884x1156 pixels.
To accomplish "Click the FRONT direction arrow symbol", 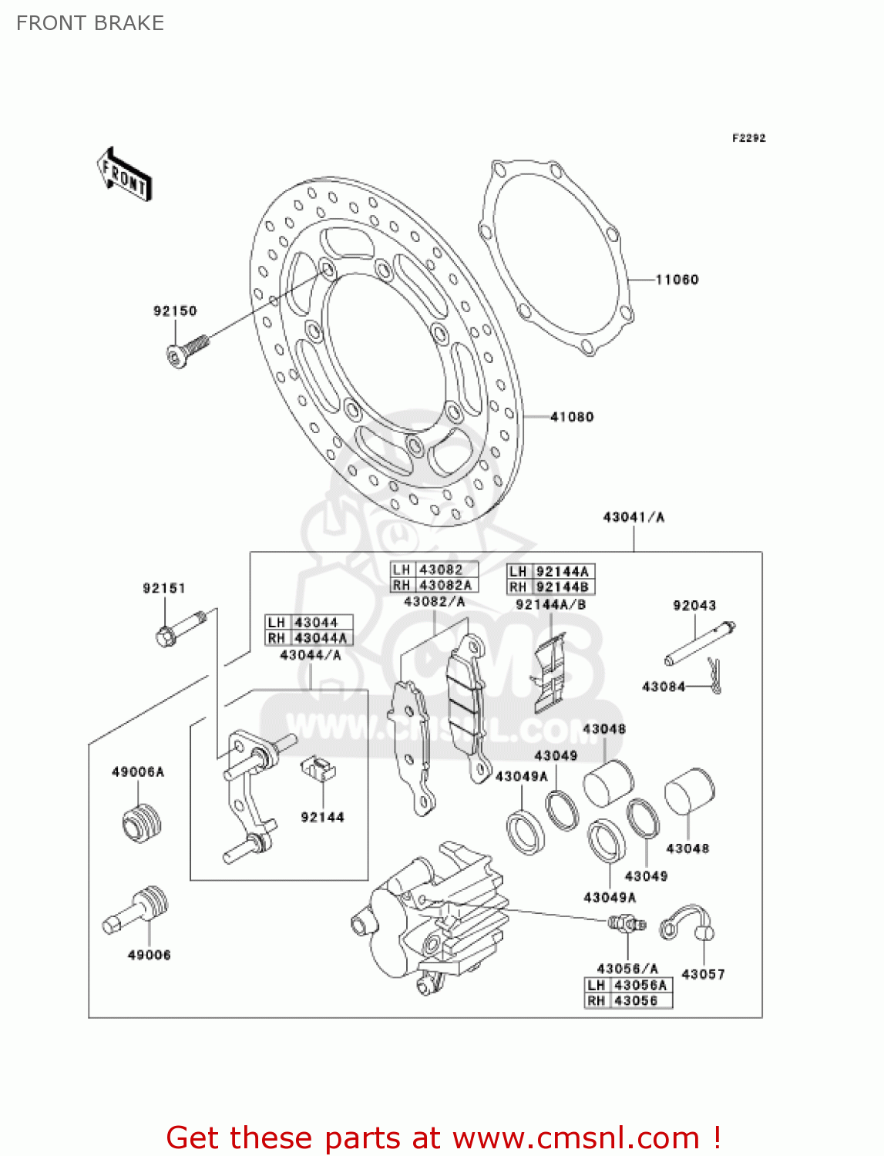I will tap(123, 175).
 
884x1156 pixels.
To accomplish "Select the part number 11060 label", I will tap(677, 280).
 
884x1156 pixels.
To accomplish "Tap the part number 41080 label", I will tap(572, 417).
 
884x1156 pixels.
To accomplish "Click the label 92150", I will tap(175, 311).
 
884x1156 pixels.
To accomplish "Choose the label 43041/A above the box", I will tap(634, 517).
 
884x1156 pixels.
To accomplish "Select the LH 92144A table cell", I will tap(551, 571).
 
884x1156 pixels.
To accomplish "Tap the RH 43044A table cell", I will tap(309, 638).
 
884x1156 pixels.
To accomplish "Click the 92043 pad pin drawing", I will tap(700, 643).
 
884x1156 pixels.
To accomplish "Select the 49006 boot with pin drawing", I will tap(136, 910).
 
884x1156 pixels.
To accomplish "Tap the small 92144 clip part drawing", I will tap(318, 768).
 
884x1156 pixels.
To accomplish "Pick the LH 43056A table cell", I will tap(628, 986).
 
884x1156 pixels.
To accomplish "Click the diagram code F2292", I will tap(748, 138).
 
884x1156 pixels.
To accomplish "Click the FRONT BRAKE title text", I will tap(90, 23).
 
